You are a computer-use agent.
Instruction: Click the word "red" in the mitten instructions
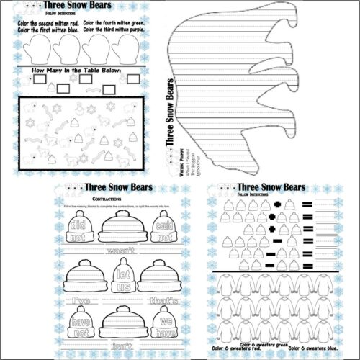click(x=73, y=23)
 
